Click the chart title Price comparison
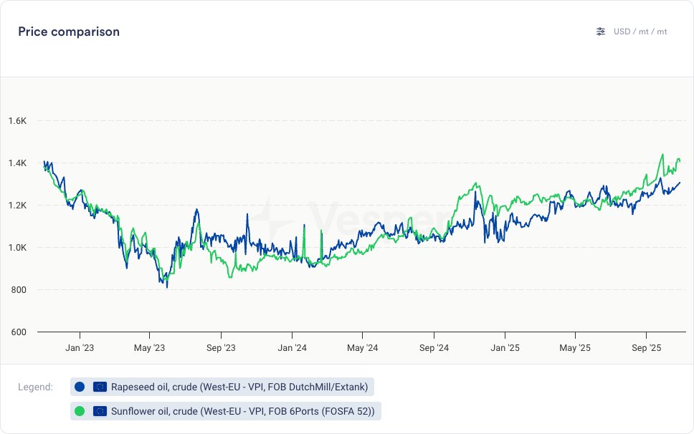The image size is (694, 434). coord(69,32)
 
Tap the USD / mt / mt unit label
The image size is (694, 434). coord(640,32)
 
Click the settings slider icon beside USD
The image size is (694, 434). coord(601,32)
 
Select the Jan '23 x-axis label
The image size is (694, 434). coord(79,348)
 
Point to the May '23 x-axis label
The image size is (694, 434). coord(149,348)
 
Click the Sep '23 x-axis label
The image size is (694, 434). coord(220,348)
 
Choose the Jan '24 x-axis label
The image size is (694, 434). coord(292,348)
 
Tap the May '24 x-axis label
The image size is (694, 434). coord(363,348)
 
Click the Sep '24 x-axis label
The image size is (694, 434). coord(434,348)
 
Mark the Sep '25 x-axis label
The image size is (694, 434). coord(647,348)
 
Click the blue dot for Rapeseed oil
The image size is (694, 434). coord(80,387)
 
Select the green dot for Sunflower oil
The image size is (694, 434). coord(80,411)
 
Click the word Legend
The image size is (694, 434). coord(35,387)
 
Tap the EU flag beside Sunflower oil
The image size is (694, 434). coord(100,411)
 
